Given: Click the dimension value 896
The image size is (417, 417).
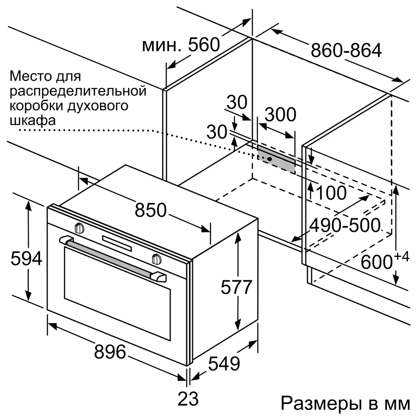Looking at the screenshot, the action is point(110,352).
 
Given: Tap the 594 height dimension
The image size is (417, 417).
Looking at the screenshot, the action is point(26,259).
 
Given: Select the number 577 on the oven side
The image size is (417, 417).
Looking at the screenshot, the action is point(236,287).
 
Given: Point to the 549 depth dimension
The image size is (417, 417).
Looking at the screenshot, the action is point(224,364).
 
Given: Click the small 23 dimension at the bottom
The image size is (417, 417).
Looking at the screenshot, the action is point(188,399).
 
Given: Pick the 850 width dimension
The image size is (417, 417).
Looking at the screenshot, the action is point(150,210).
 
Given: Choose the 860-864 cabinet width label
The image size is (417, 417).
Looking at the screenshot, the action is point(346,50).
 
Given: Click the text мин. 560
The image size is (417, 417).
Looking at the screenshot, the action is point(181,45).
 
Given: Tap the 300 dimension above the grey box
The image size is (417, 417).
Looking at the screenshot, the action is point(280,114).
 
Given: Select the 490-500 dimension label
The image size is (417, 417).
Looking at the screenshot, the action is point(344,226).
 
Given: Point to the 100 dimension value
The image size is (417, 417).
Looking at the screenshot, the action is point(331,193).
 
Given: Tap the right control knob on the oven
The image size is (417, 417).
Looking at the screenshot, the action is point(157,259).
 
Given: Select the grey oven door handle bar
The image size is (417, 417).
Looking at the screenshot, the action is point(113,259).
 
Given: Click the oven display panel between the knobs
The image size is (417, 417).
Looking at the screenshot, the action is point(117,244).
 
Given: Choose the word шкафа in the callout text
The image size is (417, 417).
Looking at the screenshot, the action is point(33,121).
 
